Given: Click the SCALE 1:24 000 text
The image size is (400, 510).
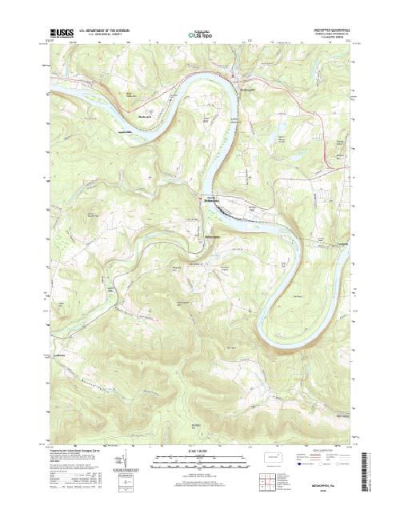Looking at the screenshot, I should (x=200, y=452).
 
